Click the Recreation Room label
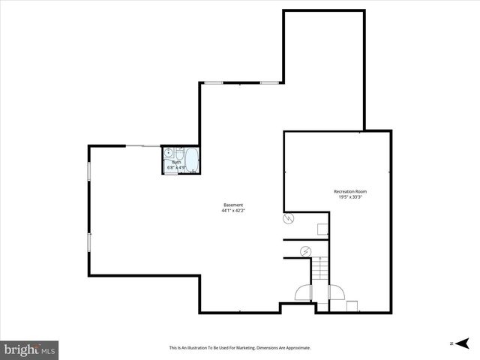(x=350, y=192)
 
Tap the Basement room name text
(x=233, y=205)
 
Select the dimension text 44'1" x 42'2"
(x=233, y=211)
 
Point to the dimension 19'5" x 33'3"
(x=350, y=198)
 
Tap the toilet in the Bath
(x=169, y=166)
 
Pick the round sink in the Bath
(x=169, y=152)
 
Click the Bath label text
(x=177, y=162)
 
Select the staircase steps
(x=320, y=268)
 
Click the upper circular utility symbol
(x=288, y=219)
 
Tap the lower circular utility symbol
(x=305, y=250)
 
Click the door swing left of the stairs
(x=304, y=293)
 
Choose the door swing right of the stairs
(x=337, y=293)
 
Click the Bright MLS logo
(x=30, y=350)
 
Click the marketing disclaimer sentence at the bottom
(x=240, y=348)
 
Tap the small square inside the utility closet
(x=322, y=229)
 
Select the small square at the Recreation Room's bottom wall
(x=352, y=306)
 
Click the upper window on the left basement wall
(x=89, y=171)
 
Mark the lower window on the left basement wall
(x=89, y=242)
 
